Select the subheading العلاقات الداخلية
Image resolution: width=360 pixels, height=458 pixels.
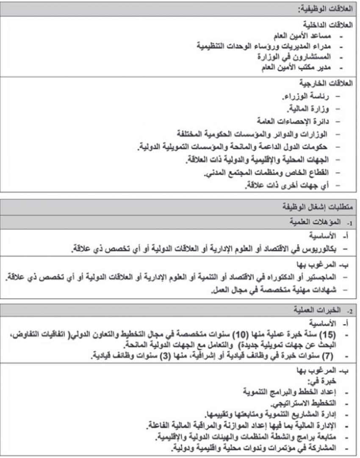tap(332, 25)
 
